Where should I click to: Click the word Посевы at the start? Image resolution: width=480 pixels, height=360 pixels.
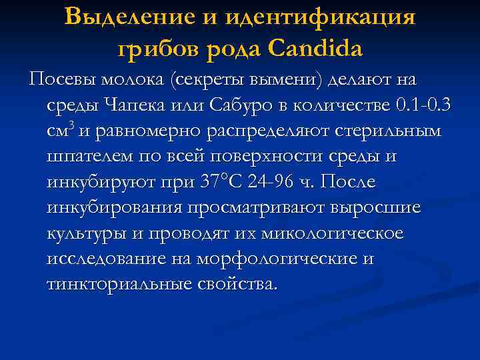pos(62,79)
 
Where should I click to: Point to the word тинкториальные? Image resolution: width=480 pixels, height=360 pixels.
pos(119,284)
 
